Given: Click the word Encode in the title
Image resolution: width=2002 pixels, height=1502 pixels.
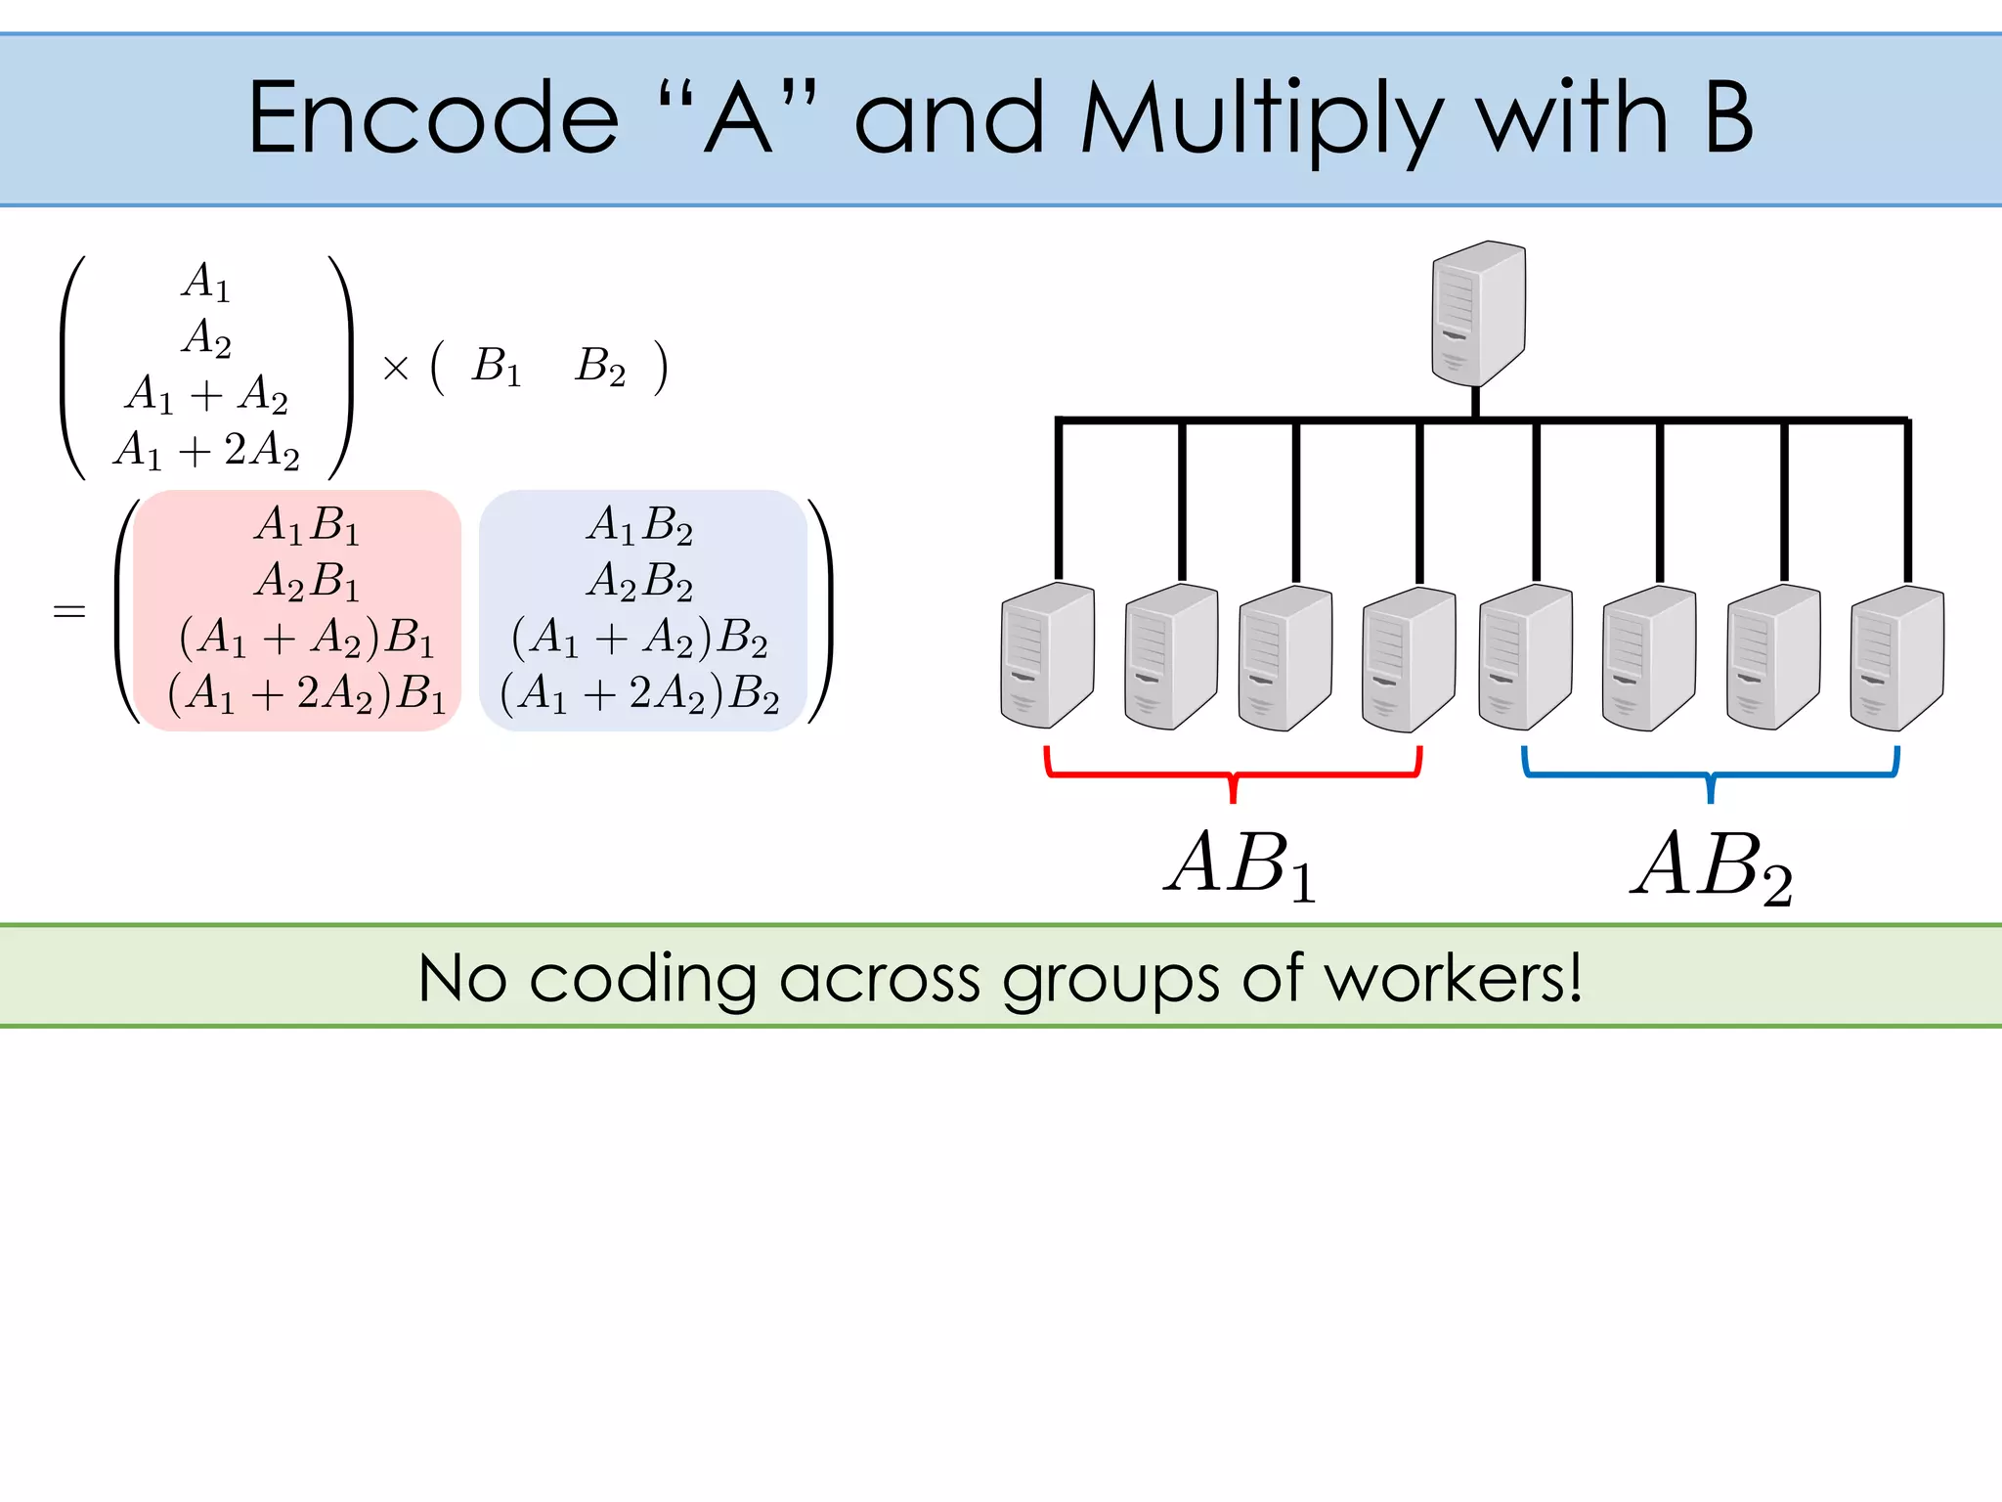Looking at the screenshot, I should click(433, 119).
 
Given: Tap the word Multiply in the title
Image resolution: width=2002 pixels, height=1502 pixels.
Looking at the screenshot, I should click(1261, 119).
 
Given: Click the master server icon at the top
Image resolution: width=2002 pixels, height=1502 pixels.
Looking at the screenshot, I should click(1478, 313).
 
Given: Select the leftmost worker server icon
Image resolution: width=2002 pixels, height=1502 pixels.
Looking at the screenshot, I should click(1047, 655).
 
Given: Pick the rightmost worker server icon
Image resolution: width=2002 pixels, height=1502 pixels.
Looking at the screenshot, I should click(1896, 657).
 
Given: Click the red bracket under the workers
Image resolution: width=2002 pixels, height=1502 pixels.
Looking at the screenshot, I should click(1233, 773).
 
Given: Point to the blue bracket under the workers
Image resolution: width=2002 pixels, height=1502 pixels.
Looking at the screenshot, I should click(1710, 773).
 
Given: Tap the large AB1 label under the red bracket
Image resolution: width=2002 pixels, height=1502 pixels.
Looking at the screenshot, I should click(1241, 865).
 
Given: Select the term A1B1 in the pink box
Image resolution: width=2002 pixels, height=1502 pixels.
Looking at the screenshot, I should click(307, 526).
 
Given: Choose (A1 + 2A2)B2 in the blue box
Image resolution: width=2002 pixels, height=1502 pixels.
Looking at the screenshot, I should click(639, 693).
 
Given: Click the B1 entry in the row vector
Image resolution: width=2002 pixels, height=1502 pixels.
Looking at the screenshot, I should click(497, 368).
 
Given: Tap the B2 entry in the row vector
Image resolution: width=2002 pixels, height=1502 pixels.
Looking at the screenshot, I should click(600, 368).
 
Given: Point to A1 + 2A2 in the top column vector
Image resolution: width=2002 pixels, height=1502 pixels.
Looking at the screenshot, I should click(206, 451).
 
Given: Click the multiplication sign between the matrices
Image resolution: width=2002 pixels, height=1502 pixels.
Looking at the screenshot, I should click(396, 369).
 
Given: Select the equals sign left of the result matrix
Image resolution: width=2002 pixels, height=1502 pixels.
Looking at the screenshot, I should click(69, 612).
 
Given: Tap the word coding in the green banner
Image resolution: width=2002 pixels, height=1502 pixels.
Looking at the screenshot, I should click(642, 978).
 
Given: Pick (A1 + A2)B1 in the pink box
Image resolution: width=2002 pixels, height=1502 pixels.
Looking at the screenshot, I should click(307, 638).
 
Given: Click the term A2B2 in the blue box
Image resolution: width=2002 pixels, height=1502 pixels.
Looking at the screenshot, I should click(639, 582).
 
